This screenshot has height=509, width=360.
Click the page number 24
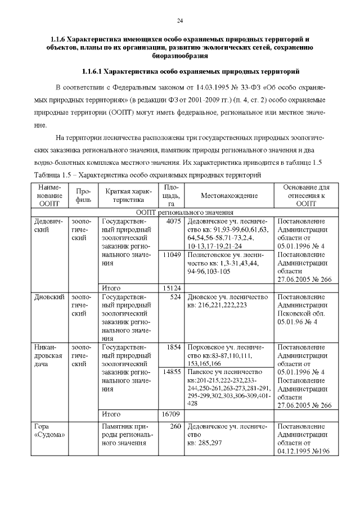pyautogui.click(x=180, y=21)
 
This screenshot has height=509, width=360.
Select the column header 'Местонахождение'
pyautogui.click(x=229, y=195)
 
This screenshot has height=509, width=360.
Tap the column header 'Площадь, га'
pyautogui.click(x=170, y=195)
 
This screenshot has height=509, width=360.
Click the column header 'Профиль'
pyautogui.click(x=83, y=195)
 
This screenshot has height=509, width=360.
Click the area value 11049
pyautogui.click(x=170, y=255)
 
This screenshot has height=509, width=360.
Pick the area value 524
pyautogui.click(x=174, y=296)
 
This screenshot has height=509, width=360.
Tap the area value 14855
pyautogui.click(x=170, y=372)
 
